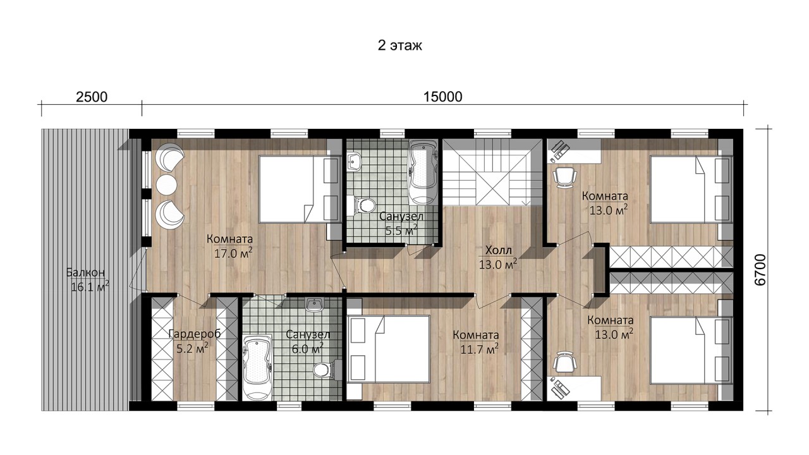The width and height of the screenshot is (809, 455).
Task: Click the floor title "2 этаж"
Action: [x=400, y=46]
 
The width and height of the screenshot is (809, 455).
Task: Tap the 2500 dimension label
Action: [x=92, y=97]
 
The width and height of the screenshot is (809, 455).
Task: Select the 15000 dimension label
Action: [x=443, y=97]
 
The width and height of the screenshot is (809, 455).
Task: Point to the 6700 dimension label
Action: [x=760, y=270]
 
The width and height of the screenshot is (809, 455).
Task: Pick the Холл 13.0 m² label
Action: [x=498, y=257]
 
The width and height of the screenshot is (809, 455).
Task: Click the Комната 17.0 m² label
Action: [x=230, y=246]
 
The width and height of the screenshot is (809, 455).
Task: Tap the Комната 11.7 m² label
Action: [x=476, y=343]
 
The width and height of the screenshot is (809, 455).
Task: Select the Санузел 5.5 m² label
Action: [x=401, y=224]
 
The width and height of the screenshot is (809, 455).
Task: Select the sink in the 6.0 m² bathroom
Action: [x=315, y=305]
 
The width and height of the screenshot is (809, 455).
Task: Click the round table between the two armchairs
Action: [x=166, y=185]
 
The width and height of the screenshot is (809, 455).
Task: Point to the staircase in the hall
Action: [x=487, y=173]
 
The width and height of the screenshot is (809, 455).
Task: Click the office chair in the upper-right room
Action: [x=564, y=177]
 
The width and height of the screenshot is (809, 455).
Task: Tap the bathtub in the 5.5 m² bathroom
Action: [x=423, y=173]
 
